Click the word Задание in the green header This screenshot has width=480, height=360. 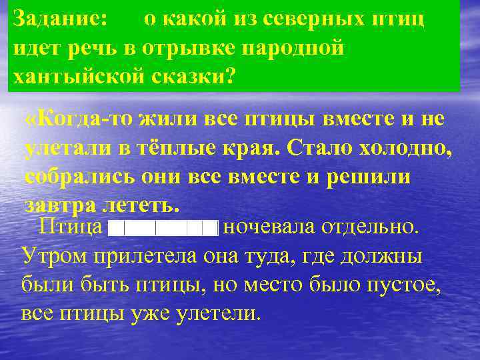(x=59, y=19)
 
